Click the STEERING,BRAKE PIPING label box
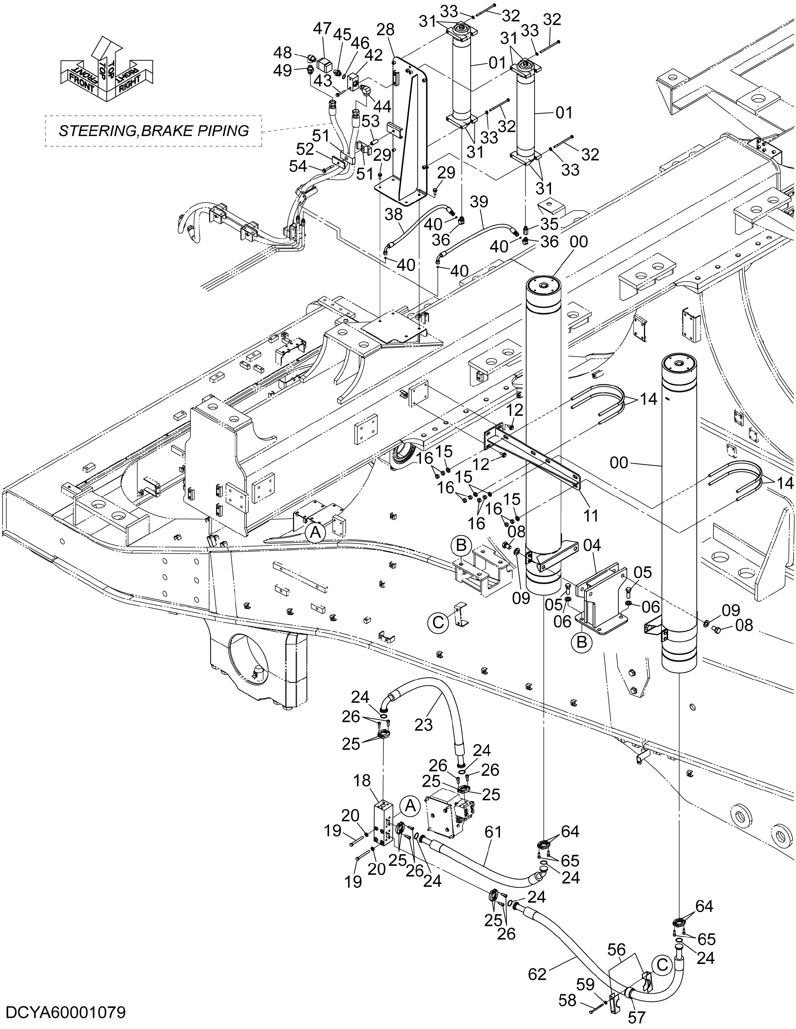(154, 130)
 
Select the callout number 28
(385, 29)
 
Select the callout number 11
(590, 516)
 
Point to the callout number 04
(592, 546)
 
